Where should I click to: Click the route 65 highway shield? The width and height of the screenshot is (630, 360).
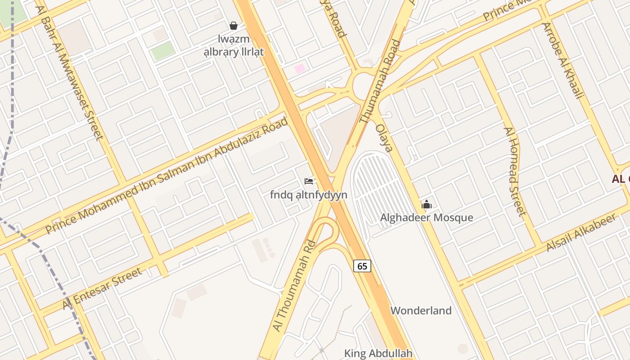pyautogui.click(x=362, y=266)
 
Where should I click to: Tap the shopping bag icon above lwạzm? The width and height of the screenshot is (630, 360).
pyautogui.click(x=234, y=26)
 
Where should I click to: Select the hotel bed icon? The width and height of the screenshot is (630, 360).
pyautogui.click(x=309, y=181)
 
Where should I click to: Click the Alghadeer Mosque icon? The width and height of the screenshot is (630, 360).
pyautogui.click(x=427, y=205)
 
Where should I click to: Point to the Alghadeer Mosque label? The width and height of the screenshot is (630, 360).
pyautogui.click(x=427, y=218)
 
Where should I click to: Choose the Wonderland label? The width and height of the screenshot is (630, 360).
pyautogui.click(x=421, y=310)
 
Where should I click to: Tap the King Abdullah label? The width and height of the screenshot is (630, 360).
pyautogui.click(x=378, y=353)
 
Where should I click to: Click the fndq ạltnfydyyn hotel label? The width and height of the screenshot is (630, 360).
pyautogui.click(x=309, y=195)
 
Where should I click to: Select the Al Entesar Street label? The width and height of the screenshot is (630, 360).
pyautogui.click(x=103, y=288)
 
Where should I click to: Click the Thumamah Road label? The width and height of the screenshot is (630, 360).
pyautogui.click(x=380, y=82)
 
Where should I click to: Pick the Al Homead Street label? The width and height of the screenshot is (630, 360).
pyautogui.click(x=514, y=171)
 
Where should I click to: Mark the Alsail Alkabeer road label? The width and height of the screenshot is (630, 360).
pyautogui.click(x=580, y=233)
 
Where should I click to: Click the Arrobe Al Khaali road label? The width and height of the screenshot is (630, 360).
pyautogui.click(x=562, y=61)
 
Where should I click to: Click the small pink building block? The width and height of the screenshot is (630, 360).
pyautogui.click(x=300, y=69)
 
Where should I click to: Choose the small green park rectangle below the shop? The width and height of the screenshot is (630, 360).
pyautogui.click(x=162, y=51)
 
